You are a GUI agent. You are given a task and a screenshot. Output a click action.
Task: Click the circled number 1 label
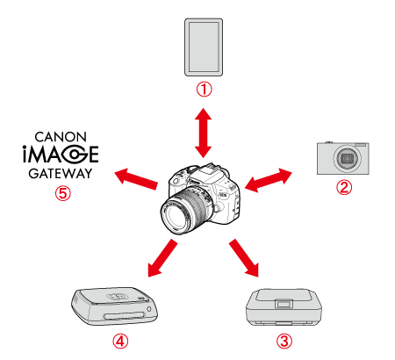[204, 89]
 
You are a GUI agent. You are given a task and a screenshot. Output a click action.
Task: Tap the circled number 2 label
[344, 187]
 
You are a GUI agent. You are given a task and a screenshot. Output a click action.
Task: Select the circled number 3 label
[284, 342]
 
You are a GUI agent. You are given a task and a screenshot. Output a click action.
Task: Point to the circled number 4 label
[120, 342]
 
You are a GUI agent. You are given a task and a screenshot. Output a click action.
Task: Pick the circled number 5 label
[63, 193]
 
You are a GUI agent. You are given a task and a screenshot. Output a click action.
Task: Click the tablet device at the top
[204, 47]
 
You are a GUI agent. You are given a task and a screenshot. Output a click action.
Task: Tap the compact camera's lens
[347, 158]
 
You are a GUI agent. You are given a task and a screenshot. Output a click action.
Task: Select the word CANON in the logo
[61, 137]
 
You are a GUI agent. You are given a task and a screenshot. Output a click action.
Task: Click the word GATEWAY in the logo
[61, 174]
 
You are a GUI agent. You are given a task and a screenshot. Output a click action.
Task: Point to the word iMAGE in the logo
[61, 155]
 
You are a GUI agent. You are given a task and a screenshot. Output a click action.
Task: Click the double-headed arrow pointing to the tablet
[204, 133]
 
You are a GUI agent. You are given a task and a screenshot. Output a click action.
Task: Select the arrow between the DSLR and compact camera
[269, 180]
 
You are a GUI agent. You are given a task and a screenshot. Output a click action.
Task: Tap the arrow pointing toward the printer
[244, 258]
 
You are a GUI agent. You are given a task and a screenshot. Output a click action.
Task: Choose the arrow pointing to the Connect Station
[162, 258]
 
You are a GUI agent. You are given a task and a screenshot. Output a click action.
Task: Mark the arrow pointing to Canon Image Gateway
[136, 179]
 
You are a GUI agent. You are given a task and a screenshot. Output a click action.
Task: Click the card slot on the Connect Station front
[124, 316]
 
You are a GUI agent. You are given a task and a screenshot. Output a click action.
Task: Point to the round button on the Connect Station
[149, 309]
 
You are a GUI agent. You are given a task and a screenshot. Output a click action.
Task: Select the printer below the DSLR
[284, 307]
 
